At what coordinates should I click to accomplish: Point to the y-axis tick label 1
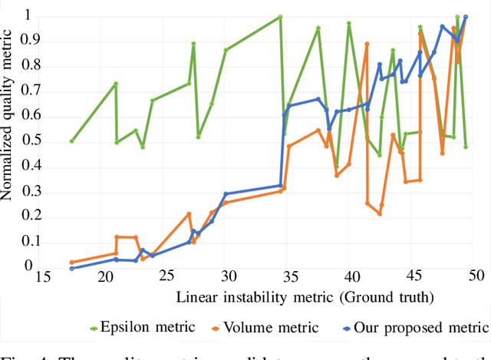[x=28, y=15]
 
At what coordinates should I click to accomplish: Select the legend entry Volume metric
[x=270, y=328]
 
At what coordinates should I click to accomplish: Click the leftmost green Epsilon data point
[x=71, y=141]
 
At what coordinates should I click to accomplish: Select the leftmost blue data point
[x=71, y=268]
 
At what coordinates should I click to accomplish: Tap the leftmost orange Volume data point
[x=71, y=263]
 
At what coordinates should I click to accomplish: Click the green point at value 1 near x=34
[x=280, y=16]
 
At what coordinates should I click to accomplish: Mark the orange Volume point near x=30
[x=226, y=203]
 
